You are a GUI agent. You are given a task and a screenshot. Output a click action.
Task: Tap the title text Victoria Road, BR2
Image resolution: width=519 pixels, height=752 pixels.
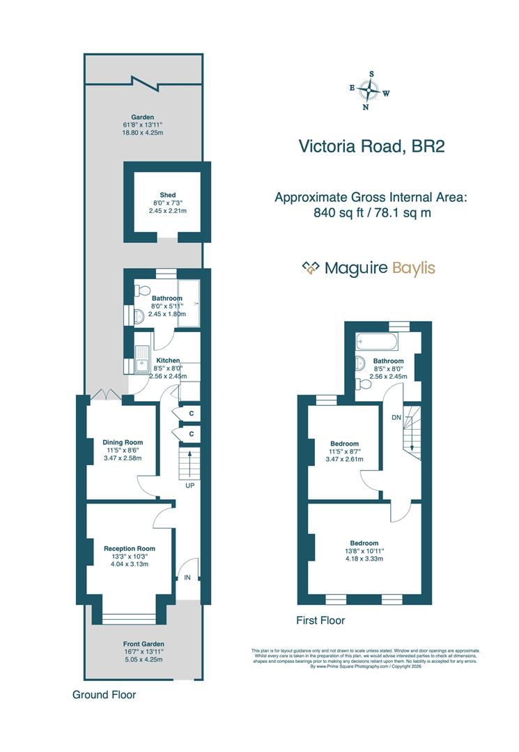coord(371,146)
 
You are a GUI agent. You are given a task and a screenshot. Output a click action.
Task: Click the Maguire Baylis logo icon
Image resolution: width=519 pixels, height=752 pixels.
coord(310,268)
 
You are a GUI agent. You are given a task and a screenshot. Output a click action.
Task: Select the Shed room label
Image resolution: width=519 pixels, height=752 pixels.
coord(167,195)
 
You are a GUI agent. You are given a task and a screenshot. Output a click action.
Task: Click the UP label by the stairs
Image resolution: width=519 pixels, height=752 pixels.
coord(189,485)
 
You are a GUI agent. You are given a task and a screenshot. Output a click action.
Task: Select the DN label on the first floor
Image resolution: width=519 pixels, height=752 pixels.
coord(396,417)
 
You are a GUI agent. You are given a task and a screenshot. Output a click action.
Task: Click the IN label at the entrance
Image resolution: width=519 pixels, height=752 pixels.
coord(187,577)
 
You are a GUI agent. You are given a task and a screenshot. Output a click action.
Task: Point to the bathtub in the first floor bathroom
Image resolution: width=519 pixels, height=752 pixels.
coord(375,342)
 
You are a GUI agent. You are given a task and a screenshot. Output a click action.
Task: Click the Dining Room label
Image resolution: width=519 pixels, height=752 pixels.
coord(123,442)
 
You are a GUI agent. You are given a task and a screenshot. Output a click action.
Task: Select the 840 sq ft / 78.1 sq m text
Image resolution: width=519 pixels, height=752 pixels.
coord(372,213)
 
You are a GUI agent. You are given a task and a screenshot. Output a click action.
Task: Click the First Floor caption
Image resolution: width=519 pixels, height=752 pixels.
coord(320,620)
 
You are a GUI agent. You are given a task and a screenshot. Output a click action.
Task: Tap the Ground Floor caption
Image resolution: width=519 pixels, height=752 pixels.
coord(104,694)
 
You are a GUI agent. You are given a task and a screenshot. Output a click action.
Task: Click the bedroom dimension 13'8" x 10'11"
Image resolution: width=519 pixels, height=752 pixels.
coord(364,551)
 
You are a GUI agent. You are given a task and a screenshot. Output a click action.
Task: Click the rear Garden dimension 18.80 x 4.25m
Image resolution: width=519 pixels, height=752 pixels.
coord(143,132)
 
